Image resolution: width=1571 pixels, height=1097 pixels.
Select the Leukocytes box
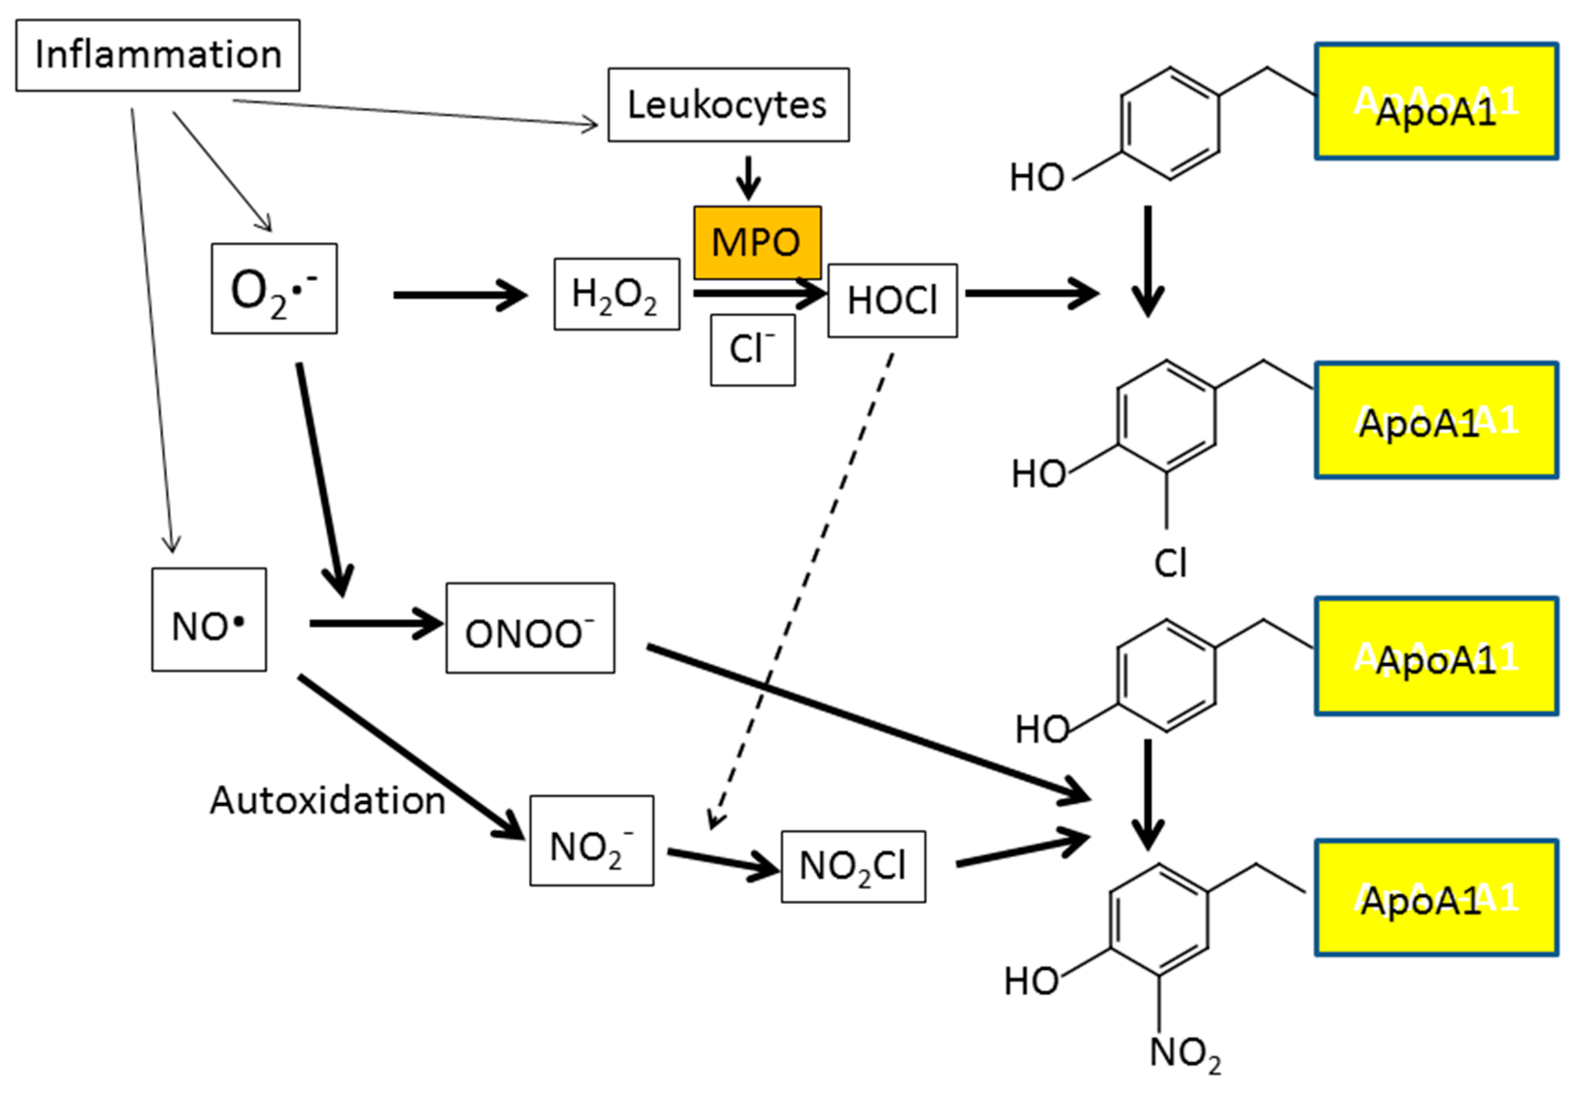tap(728, 105)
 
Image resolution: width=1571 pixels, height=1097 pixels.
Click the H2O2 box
tap(616, 294)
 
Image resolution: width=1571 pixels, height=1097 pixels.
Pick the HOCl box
tap(892, 300)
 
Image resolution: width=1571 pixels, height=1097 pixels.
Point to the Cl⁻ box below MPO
tap(753, 349)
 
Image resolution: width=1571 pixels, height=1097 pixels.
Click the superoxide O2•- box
tap(274, 289)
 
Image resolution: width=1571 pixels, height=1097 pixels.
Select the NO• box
tap(209, 619)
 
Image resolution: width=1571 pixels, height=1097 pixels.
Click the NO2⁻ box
tap(591, 840)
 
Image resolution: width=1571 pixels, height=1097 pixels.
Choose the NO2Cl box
tap(853, 866)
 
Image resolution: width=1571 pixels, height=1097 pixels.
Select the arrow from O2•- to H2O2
tap(459, 295)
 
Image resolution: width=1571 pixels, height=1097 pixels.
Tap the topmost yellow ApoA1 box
tap(1436, 101)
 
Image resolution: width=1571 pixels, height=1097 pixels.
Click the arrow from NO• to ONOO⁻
tap(375, 623)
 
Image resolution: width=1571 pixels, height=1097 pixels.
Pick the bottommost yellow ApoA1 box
tap(1436, 897)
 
